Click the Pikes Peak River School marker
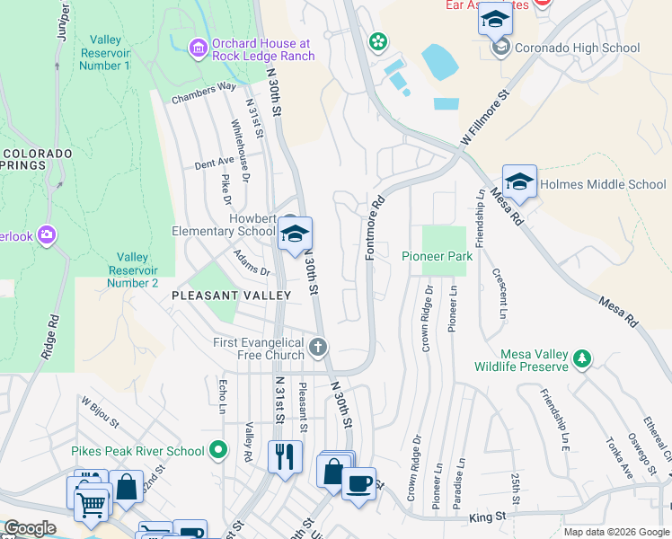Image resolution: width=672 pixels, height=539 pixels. (x=217, y=449)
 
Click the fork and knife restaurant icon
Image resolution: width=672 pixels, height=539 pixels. (x=285, y=456)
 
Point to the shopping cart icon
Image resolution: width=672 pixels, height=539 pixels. (x=91, y=504)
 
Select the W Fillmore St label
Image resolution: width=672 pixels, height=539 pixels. (x=485, y=117)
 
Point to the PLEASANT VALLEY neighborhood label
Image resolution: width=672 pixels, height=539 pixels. (x=231, y=295)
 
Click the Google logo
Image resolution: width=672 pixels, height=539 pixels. (x=29, y=528)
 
